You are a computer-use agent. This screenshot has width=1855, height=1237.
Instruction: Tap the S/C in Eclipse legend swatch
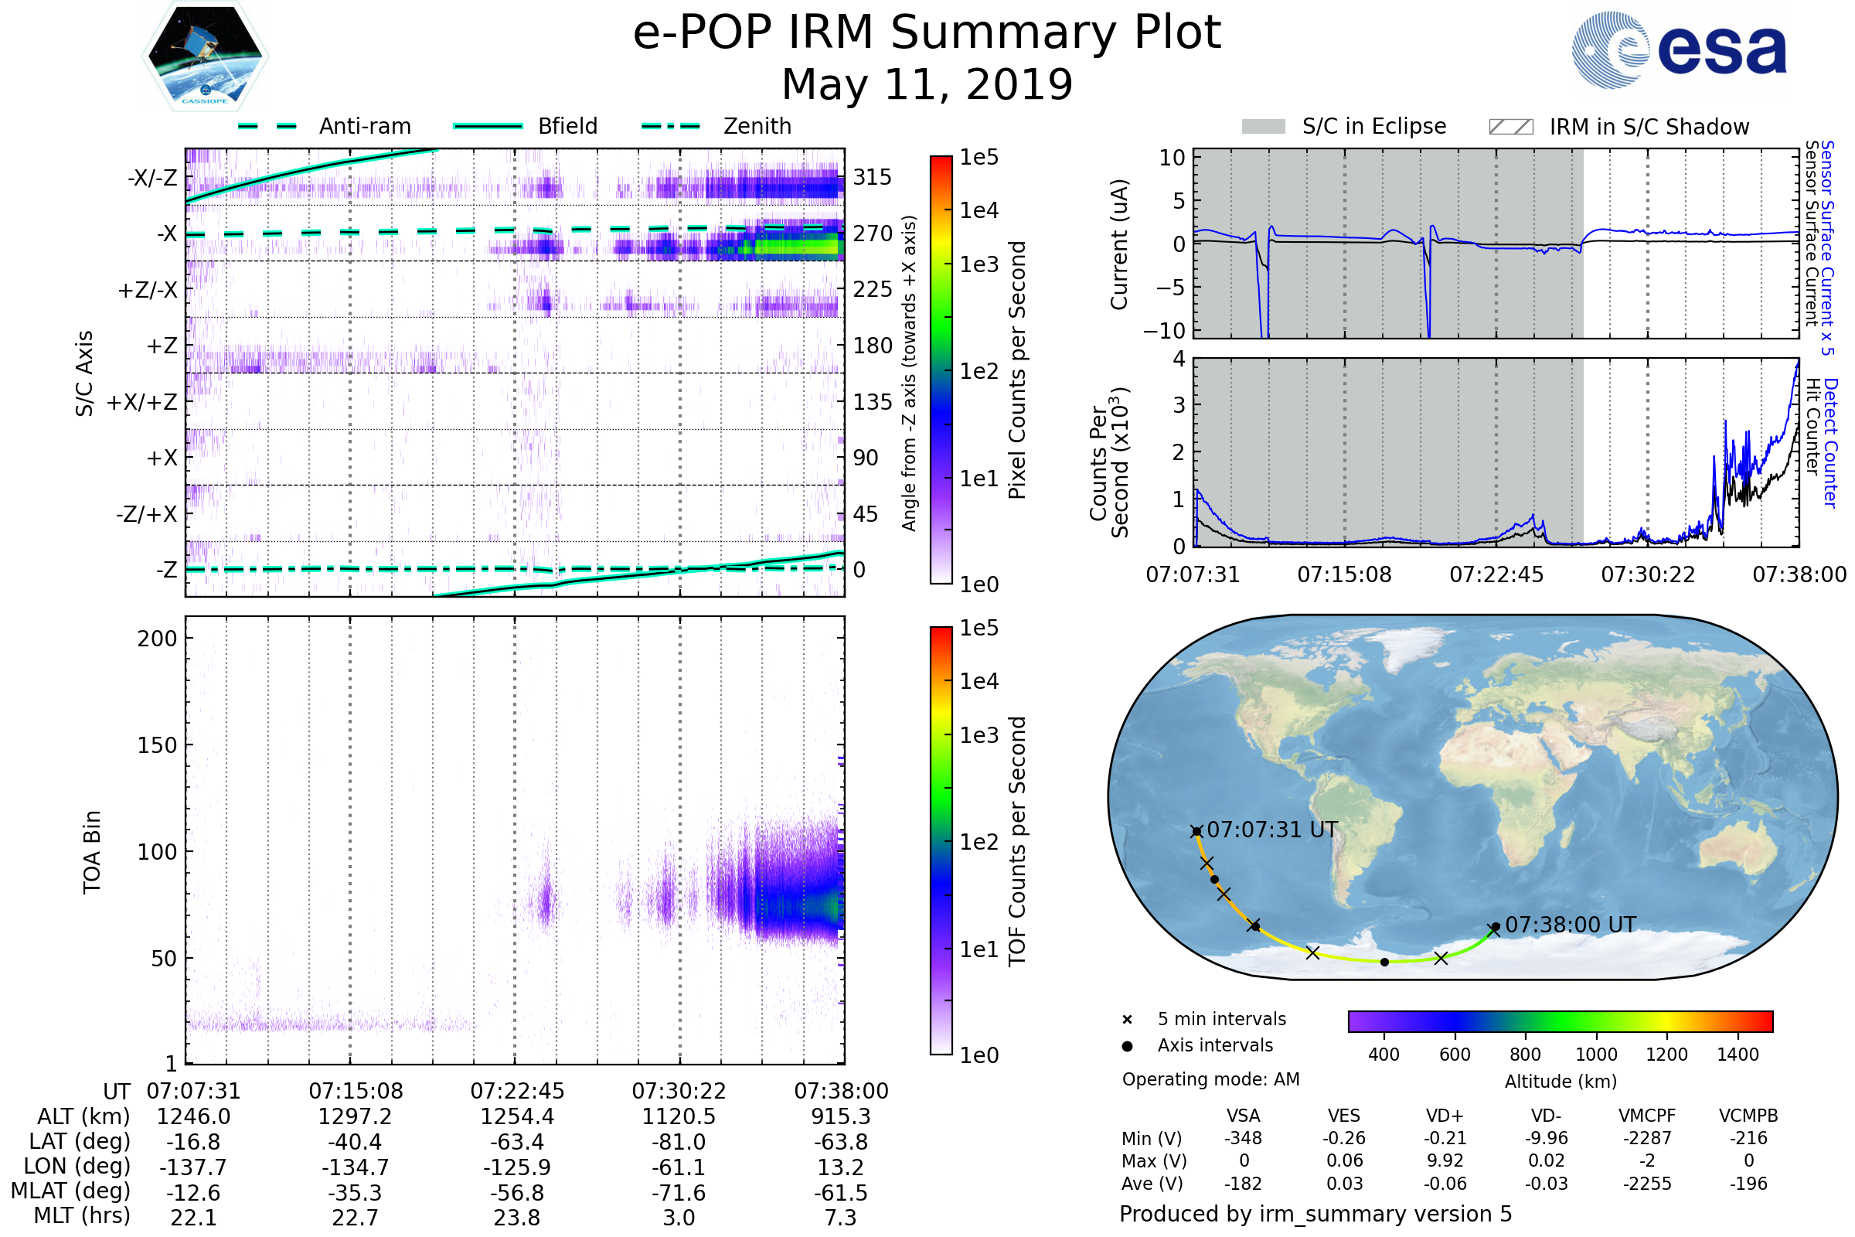(x=1263, y=126)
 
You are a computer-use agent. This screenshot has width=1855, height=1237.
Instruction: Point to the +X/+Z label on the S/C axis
(x=142, y=402)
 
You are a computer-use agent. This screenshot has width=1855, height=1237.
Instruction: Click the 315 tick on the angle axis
(x=873, y=178)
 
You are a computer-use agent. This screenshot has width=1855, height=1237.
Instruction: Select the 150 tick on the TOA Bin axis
(x=157, y=745)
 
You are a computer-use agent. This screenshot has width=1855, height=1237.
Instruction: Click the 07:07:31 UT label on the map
(x=1272, y=830)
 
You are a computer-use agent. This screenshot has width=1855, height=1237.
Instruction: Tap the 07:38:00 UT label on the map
(x=1571, y=925)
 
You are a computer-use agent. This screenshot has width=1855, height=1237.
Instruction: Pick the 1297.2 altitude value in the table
(x=355, y=1116)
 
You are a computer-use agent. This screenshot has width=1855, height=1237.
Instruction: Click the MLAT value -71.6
(x=679, y=1193)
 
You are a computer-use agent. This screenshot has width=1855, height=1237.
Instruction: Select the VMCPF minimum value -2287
(x=1647, y=1138)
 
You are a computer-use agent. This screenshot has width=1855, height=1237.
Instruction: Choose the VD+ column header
(x=1445, y=1116)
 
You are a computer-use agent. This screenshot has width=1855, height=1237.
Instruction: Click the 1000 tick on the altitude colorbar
(x=1596, y=1055)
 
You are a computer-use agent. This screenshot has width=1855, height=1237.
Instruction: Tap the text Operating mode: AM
(x=1210, y=1079)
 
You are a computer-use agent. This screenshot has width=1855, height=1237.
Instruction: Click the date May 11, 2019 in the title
(x=927, y=84)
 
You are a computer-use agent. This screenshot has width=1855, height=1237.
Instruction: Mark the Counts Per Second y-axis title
(x=1109, y=463)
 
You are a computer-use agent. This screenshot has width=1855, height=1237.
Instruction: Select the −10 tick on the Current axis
(x=1164, y=331)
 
